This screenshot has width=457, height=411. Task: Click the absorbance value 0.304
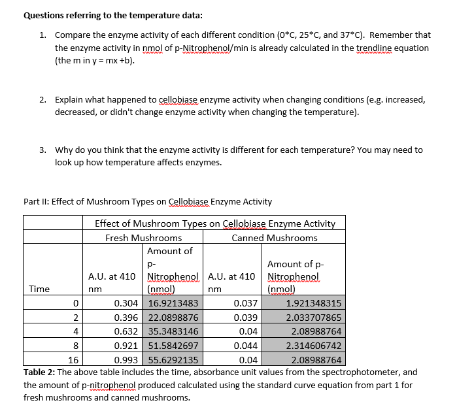click(x=126, y=303)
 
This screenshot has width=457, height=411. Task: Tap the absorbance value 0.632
click(x=126, y=331)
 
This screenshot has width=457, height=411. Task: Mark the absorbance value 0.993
click(x=126, y=359)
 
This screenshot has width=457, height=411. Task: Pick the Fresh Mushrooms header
click(x=144, y=238)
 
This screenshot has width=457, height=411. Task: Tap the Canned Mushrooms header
click(x=275, y=238)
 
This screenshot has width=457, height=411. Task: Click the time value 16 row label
click(x=73, y=359)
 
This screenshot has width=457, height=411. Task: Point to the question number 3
click(x=42, y=150)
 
